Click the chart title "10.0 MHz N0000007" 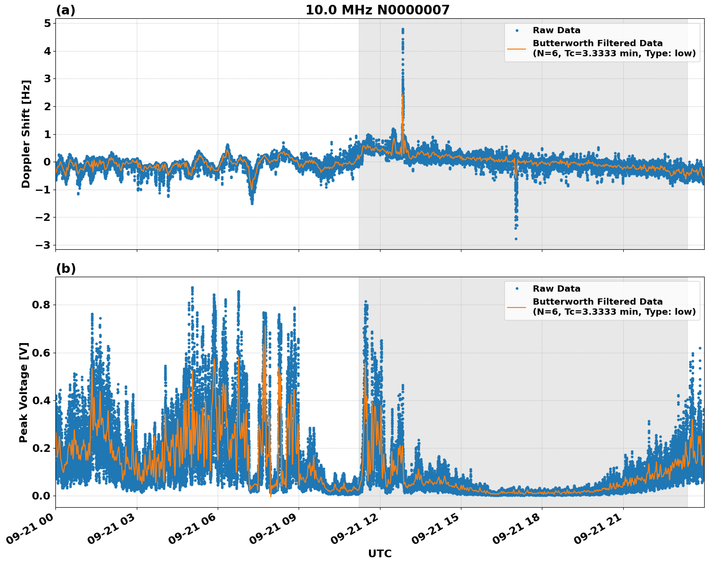pyautogui.click(x=377, y=10)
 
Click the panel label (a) pyautogui.click(x=66, y=10)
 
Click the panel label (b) pyautogui.click(x=66, y=269)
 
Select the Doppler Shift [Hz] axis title pyautogui.click(x=26, y=134)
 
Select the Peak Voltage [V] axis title pyautogui.click(x=24, y=392)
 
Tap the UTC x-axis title pyautogui.click(x=380, y=553)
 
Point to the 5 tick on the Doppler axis pyautogui.click(x=47, y=24)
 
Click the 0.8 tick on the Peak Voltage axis pyautogui.click(x=42, y=305)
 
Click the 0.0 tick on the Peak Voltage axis pyautogui.click(x=42, y=496)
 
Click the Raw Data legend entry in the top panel pyautogui.click(x=556, y=30)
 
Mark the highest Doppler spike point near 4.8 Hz pyautogui.click(x=403, y=29)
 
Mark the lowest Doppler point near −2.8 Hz pyautogui.click(x=516, y=239)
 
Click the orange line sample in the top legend pyautogui.click(x=516, y=48)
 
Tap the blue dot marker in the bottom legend pyautogui.click(x=517, y=289)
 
